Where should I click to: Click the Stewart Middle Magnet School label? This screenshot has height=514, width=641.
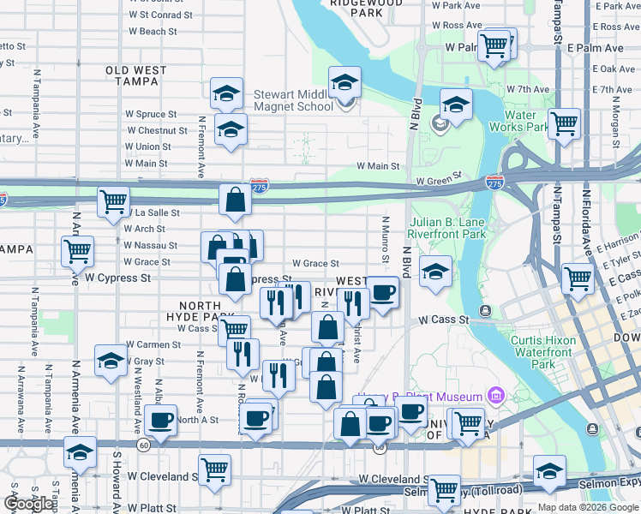pos(293,100)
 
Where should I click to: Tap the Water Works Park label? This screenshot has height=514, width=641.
pos(518,121)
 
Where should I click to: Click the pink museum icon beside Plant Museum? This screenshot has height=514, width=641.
pos(494,396)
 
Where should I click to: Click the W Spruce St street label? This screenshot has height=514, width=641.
pos(151,113)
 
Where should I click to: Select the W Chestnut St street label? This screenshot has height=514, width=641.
pos(156,130)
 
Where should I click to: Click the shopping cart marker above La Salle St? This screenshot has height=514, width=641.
pos(113,203)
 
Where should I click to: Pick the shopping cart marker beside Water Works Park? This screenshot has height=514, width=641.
pos(565,124)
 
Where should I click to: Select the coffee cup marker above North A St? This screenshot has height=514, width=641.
pos(160,421)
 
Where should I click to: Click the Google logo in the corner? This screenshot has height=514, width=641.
pos(28,504)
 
